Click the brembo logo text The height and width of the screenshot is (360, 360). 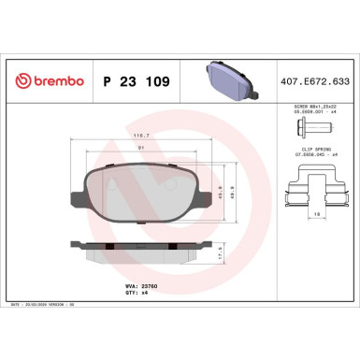[x=56, y=81]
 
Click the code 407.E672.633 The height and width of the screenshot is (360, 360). [x=320, y=81]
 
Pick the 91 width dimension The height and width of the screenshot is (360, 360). [x=142, y=148]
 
